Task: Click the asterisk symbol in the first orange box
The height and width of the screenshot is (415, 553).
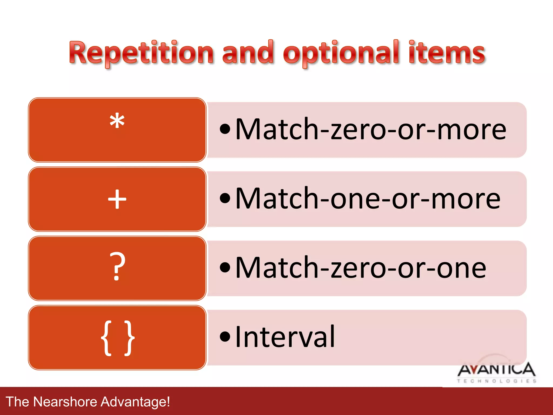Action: point(117,122)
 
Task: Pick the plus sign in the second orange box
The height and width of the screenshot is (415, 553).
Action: point(117,199)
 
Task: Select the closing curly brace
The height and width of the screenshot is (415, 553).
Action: point(129,338)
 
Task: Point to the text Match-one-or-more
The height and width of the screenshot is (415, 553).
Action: point(368,199)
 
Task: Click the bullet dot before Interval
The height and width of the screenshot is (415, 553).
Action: point(225,337)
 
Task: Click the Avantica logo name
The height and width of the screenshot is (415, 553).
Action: point(496,370)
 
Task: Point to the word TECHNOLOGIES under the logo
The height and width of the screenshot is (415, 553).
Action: point(496,381)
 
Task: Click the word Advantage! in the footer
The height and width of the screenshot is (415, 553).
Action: point(135,401)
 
